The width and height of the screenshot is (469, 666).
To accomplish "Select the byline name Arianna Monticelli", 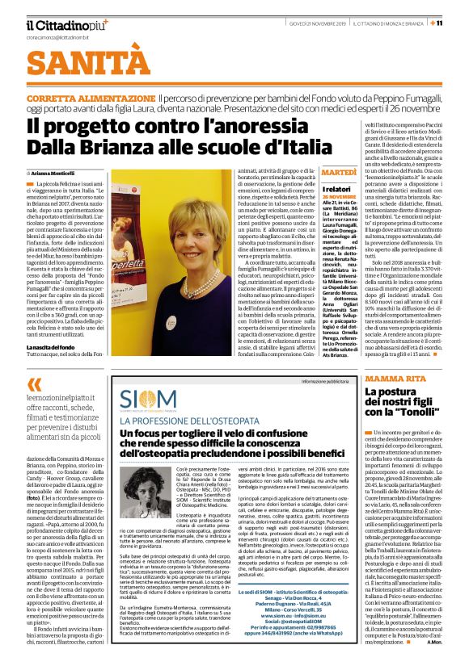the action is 61,172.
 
